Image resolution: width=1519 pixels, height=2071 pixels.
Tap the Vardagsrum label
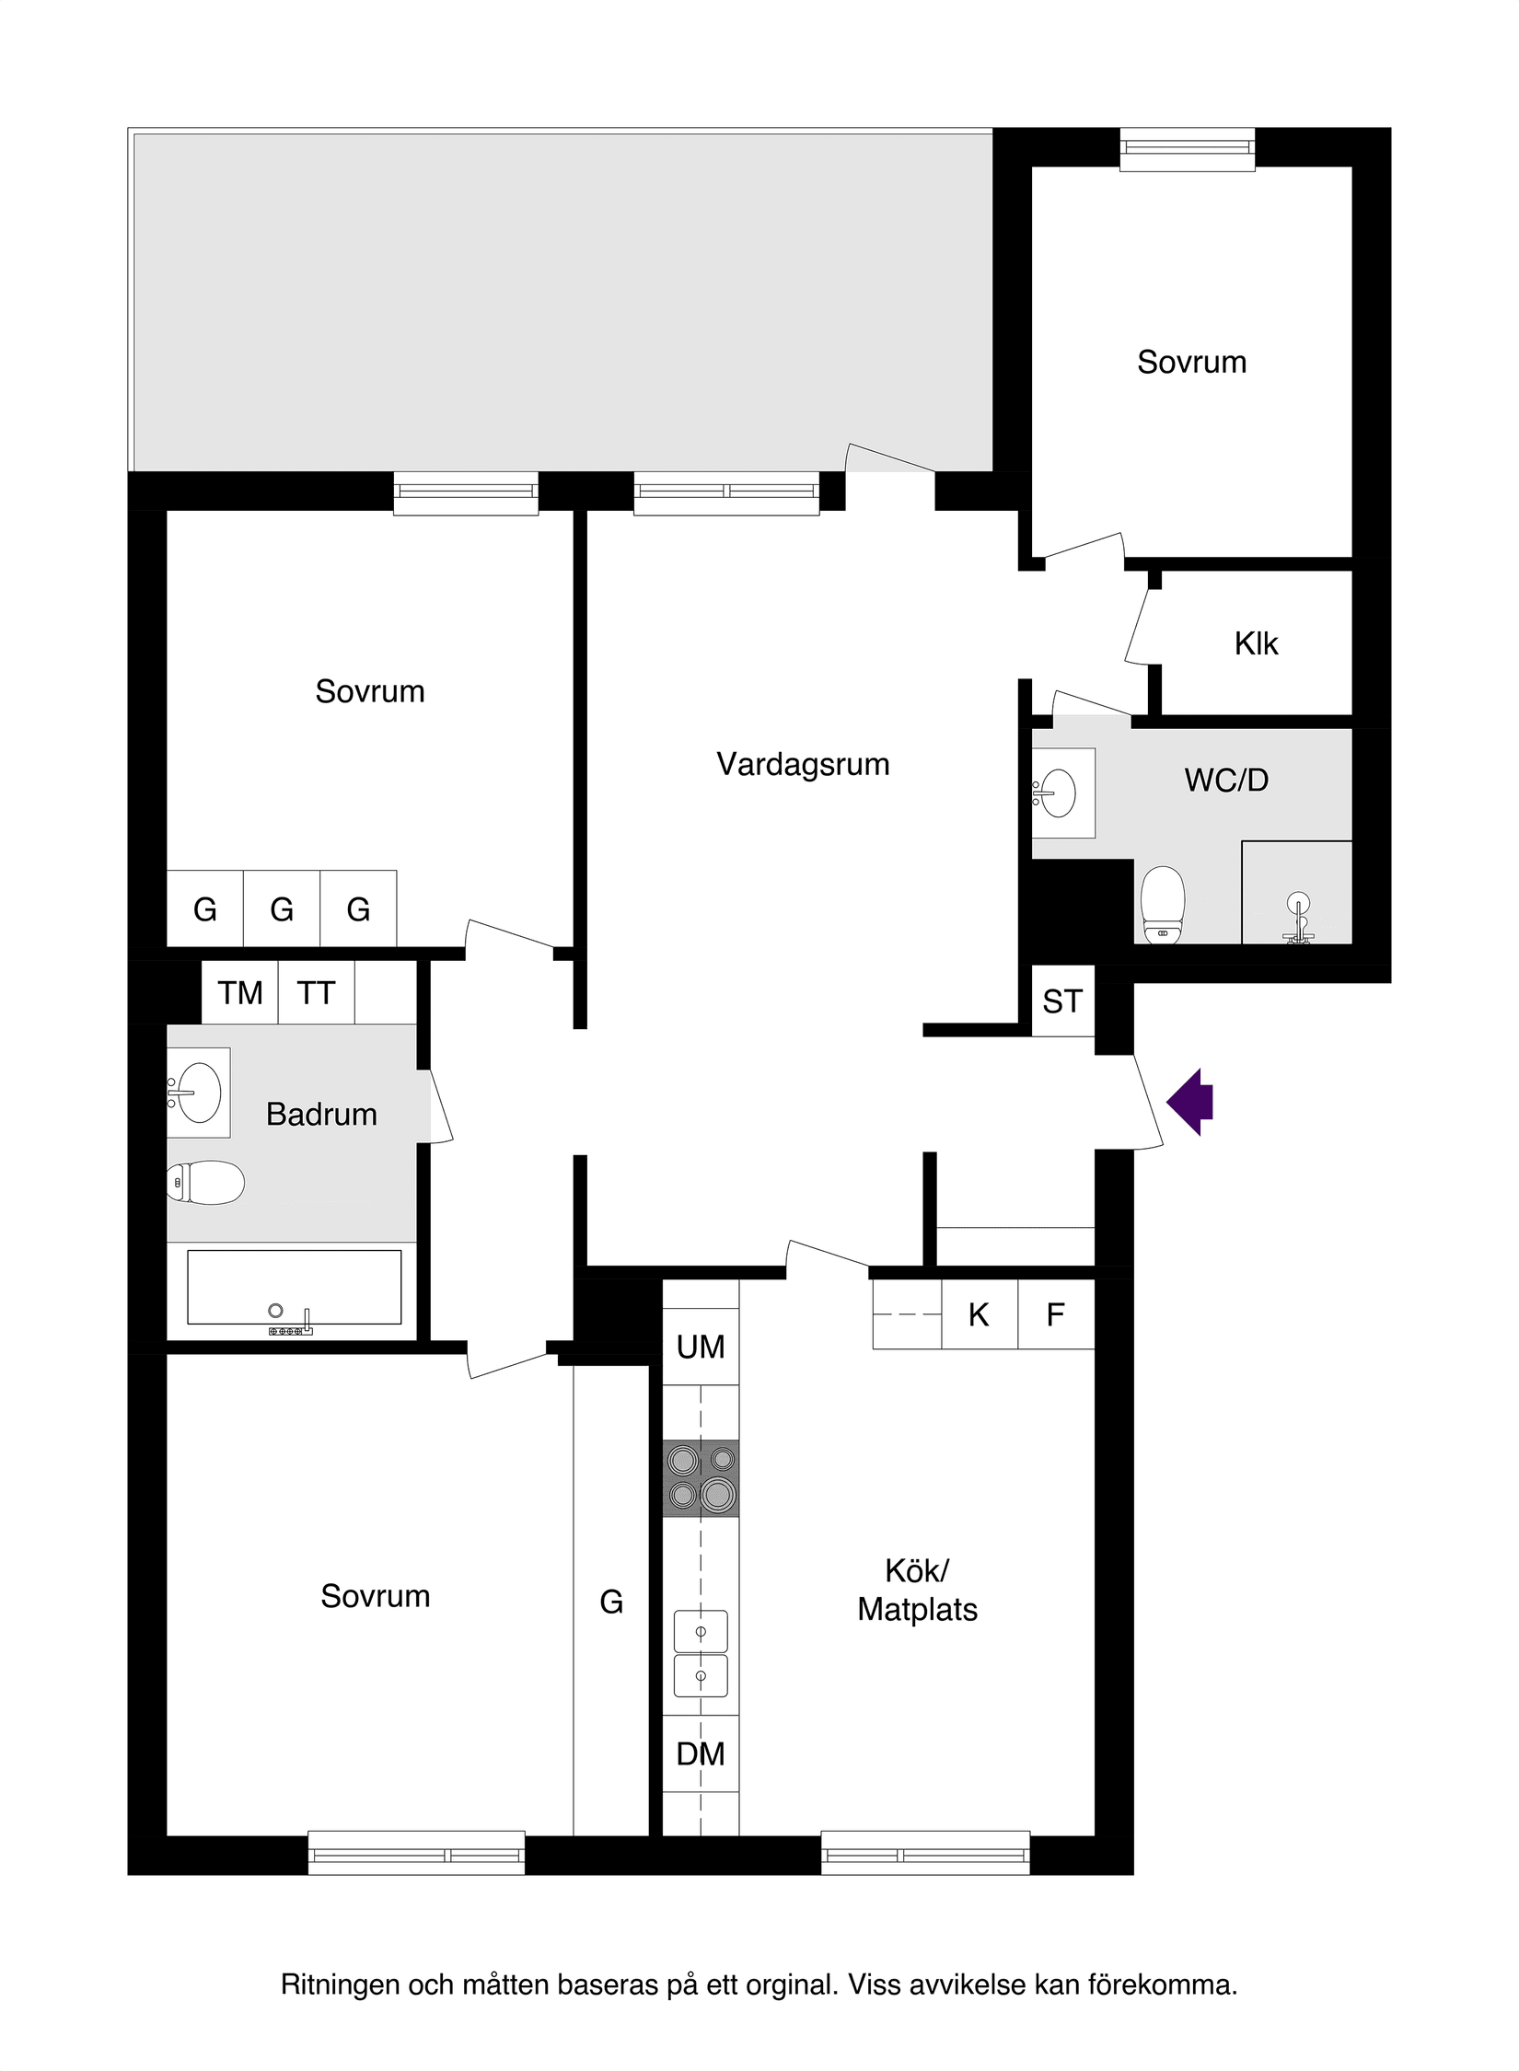click(x=803, y=765)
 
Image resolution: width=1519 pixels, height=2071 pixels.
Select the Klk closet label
click(x=1256, y=643)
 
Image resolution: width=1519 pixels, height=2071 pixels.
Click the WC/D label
click(x=1226, y=781)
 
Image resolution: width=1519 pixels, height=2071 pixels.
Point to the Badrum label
click(x=321, y=1115)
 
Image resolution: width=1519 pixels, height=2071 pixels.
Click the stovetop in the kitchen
click(x=701, y=1477)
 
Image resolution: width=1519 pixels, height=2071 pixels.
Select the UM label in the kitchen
click(x=701, y=1348)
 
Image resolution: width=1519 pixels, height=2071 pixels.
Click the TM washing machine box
click(x=240, y=993)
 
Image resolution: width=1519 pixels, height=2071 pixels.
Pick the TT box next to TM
click(x=316, y=993)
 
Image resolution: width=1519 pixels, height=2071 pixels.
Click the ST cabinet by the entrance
click(x=1062, y=1001)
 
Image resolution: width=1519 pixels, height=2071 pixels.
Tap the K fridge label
click(x=979, y=1315)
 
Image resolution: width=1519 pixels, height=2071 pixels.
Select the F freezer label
click(x=1056, y=1315)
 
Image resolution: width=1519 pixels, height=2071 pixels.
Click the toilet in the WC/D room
click(x=1162, y=904)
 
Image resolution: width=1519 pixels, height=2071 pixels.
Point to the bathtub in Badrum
click(x=294, y=1287)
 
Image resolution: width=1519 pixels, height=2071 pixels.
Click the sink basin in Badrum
click(x=198, y=1093)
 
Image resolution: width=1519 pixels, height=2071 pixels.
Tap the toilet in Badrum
click(x=207, y=1183)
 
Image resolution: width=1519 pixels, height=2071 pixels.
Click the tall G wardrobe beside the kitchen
click(x=611, y=1602)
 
